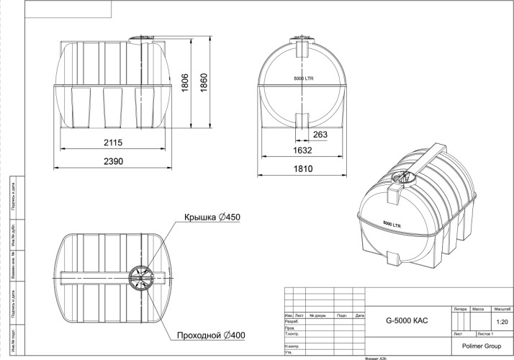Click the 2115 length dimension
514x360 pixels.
coord(112,143)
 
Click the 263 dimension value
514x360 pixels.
coord(321,134)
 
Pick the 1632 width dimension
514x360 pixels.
coord(303,150)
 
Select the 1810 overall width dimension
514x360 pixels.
coord(303,169)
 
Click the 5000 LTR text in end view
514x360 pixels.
coord(304,77)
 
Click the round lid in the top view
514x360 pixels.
coord(141,277)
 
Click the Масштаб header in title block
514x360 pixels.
coord(502,309)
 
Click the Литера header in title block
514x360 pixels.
coord(460,309)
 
